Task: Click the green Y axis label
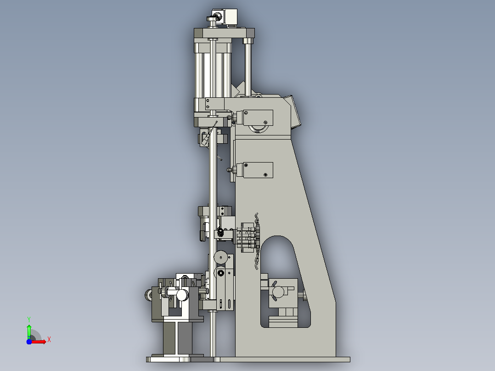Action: coord(29,319)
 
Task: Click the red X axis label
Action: coord(49,340)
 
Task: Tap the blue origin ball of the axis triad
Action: coord(29,342)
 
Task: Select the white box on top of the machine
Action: coord(228,16)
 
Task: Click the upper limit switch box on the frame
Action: coord(258,118)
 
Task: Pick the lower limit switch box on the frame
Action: coord(258,170)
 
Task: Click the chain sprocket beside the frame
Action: coord(257,242)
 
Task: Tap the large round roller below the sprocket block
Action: coord(221,257)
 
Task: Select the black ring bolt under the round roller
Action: coord(221,273)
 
